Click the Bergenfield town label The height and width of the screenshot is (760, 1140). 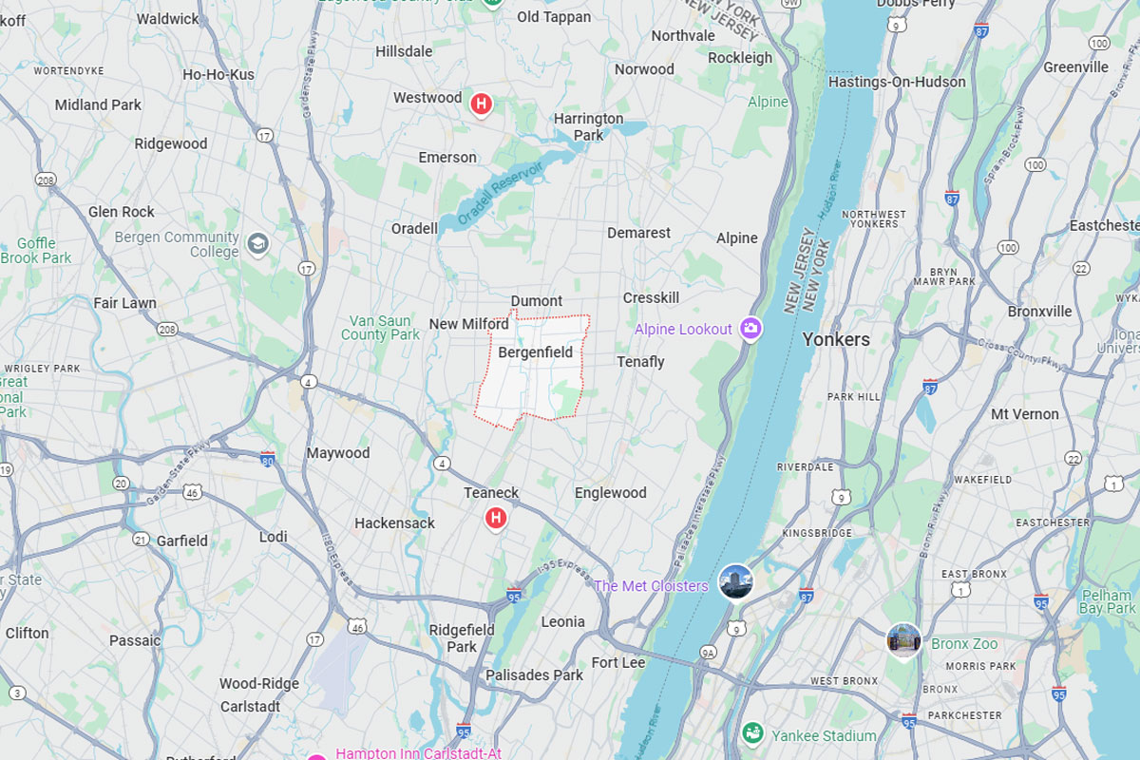(x=536, y=352)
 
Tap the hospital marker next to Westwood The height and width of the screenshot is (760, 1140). (x=482, y=104)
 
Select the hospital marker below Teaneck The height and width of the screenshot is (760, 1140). (x=495, y=518)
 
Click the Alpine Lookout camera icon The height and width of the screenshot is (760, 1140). (x=751, y=329)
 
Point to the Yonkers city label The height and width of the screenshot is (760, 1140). (x=836, y=339)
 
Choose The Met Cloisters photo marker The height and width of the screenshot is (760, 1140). (x=735, y=581)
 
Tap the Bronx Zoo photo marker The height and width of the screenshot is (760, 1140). (x=903, y=639)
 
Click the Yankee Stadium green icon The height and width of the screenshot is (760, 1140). (x=752, y=733)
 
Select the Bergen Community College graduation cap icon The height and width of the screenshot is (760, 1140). (x=256, y=244)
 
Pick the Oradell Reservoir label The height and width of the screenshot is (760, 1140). (x=500, y=193)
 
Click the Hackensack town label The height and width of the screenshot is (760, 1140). (x=394, y=522)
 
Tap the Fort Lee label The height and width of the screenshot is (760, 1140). (x=617, y=662)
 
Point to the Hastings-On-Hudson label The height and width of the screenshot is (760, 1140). (x=897, y=82)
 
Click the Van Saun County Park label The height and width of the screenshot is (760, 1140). (x=380, y=328)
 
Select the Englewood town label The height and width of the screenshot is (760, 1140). (x=610, y=493)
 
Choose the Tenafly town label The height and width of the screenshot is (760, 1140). (x=640, y=362)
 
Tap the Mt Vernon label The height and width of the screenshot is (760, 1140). (x=1024, y=414)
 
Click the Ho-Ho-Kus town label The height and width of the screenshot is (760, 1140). (x=218, y=74)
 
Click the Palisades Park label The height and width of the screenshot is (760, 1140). (x=534, y=674)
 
